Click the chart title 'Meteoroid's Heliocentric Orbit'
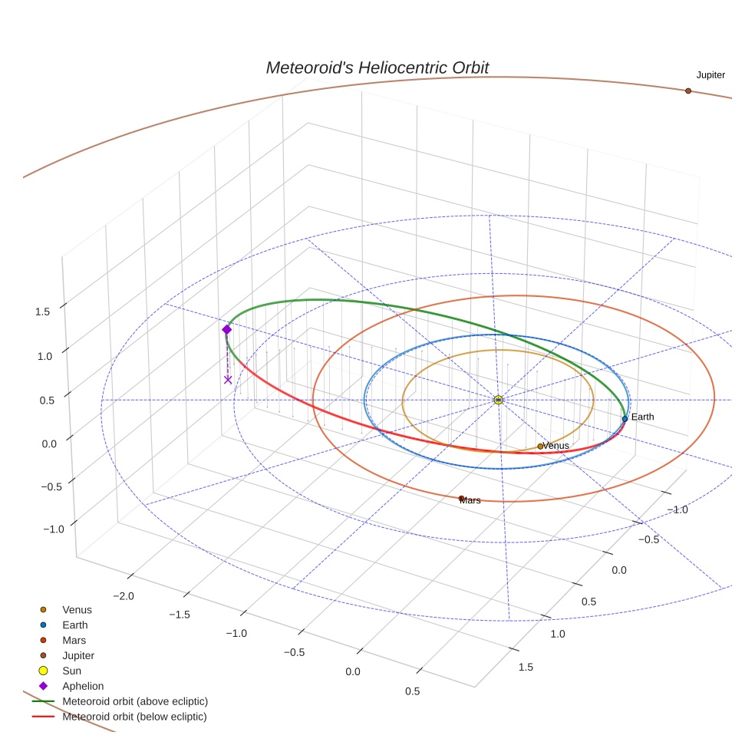pos(377,68)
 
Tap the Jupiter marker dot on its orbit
pos(688,91)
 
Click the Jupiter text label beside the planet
pos(710,75)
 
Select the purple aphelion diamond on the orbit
pos(226,329)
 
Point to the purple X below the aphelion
pos(228,379)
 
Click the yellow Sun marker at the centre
pos(498,400)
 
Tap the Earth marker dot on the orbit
pos(625,419)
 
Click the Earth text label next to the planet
pos(643,417)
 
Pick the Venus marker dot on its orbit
pos(540,446)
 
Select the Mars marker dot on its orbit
pos(461,499)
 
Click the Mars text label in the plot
pos(471,500)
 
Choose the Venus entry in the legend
pos(77,610)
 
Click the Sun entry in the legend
pos(71,671)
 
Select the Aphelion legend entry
pos(82,686)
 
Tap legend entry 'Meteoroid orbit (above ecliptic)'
pos(134,701)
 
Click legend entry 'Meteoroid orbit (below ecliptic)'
pos(134,717)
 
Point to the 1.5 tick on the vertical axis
pos(42,312)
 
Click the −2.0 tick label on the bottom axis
pos(124,596)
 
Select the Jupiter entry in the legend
pos(78,655)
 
